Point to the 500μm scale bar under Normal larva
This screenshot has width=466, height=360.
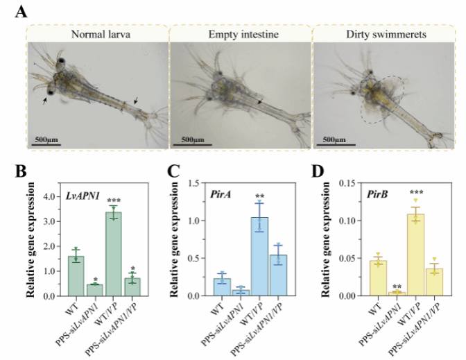(x=46, y=144)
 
